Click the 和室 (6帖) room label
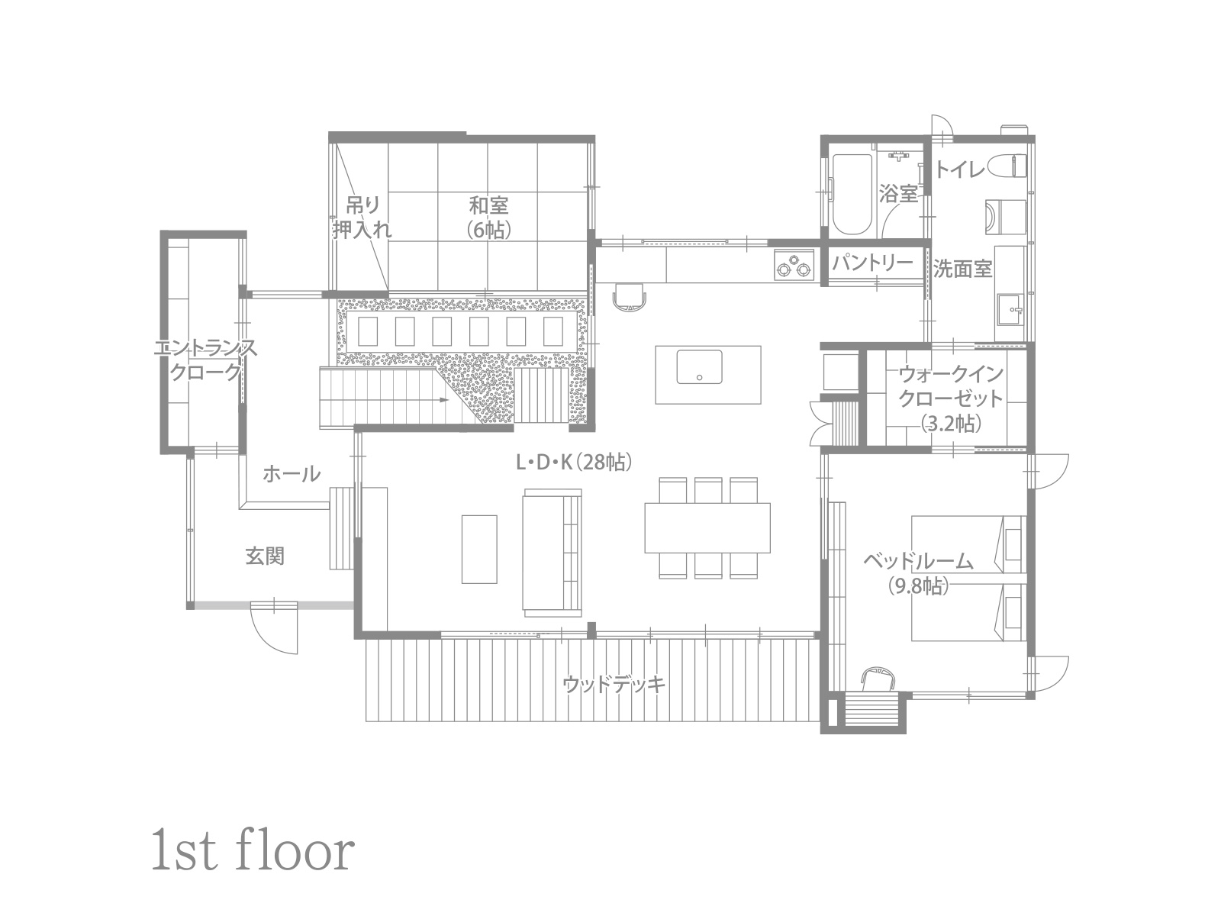point(488,218)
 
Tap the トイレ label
point(960,169)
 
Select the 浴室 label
point(898,194)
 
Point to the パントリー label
point(872,263)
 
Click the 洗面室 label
point(962,269)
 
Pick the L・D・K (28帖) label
point(574,462)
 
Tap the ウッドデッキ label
point(614,684)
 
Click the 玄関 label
point(265,556)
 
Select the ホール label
point(292,474)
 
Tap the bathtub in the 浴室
point(852,194)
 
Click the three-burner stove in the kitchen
point(794,265)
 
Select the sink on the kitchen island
point(699,366)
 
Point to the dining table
point(707,527)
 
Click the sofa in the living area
point(552,553)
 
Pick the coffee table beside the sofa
point(479,549)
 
